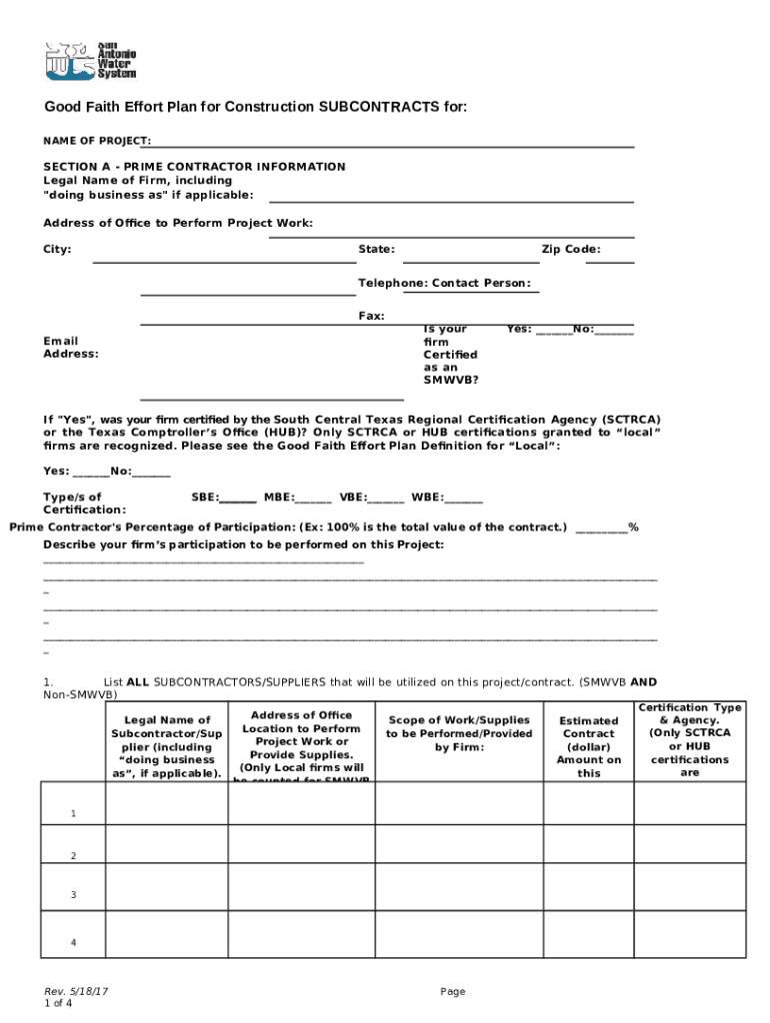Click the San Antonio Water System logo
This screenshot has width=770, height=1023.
tap(90, 60)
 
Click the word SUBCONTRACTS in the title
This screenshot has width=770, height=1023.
tap(379, 107)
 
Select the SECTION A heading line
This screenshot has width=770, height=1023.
tap(194, 167)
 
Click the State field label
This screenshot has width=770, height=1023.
tap(376, 249)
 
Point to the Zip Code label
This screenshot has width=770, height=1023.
tap(571, 249)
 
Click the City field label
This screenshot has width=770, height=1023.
tap(57, 249)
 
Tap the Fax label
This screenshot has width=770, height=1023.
tap(371, 316)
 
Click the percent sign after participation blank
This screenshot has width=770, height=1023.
tap(633, 527)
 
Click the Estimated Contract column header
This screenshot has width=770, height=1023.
tap(589, 746)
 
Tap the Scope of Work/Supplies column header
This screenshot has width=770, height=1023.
tap(460, 733)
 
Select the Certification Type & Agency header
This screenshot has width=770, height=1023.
tap(689, 739)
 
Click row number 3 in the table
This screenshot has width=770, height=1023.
tap(73, 895)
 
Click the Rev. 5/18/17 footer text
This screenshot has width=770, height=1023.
tap(76, 991)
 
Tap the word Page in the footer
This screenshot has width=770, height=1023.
tap(453, 991)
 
